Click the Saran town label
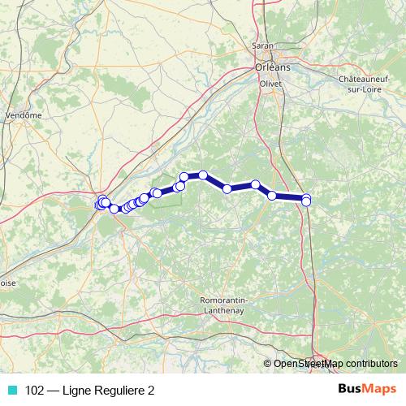(x=263, y=46)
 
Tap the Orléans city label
(x=267, y=67)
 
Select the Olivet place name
(x=269, y=84)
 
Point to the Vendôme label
(x=24, y=115)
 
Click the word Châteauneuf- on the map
(x=369, y=79)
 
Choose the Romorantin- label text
(x=225, y=300)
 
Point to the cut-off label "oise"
(x=8, y=283)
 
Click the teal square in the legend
(x=12, y=391)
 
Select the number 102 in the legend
(x=35, y=391)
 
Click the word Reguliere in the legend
(x=121, y=391)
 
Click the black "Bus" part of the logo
(x=351, y=389)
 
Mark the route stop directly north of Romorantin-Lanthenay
(x=227, y=188)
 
